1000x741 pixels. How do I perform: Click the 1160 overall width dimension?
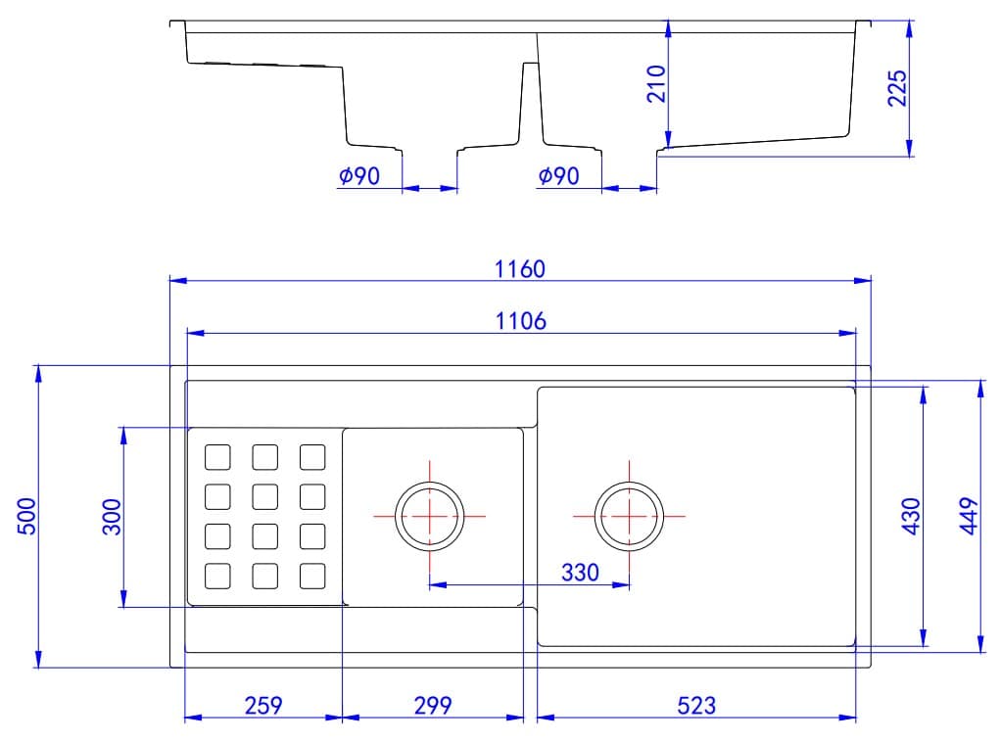pos(519,268)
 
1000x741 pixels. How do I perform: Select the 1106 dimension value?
pos(519,320)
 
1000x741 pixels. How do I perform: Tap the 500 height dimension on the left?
pos(26,516)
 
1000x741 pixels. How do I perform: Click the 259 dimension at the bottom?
pos(262,705)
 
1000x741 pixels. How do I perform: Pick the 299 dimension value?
pos(432,705)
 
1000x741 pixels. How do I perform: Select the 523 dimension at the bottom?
pos(695,705)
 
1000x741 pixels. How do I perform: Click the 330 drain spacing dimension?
pos(580,573)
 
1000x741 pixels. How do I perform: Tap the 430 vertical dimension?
pos(911,516)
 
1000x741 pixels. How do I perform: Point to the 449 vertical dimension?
pos(969,516)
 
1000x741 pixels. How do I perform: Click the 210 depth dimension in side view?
pos(656,83)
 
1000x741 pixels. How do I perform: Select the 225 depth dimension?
pos(898,87)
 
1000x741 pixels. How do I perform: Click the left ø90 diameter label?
pos(359,176)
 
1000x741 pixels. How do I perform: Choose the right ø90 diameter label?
pos(558,176)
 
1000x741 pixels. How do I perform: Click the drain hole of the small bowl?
pos(428,516)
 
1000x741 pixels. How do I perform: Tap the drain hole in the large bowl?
pos(628,516)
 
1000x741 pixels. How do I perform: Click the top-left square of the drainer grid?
pos(217,457)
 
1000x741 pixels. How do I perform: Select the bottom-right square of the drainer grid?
pos(311,577)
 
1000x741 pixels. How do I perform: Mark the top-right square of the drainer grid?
pos(311,457)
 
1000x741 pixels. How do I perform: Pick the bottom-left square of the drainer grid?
pos(217,577)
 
